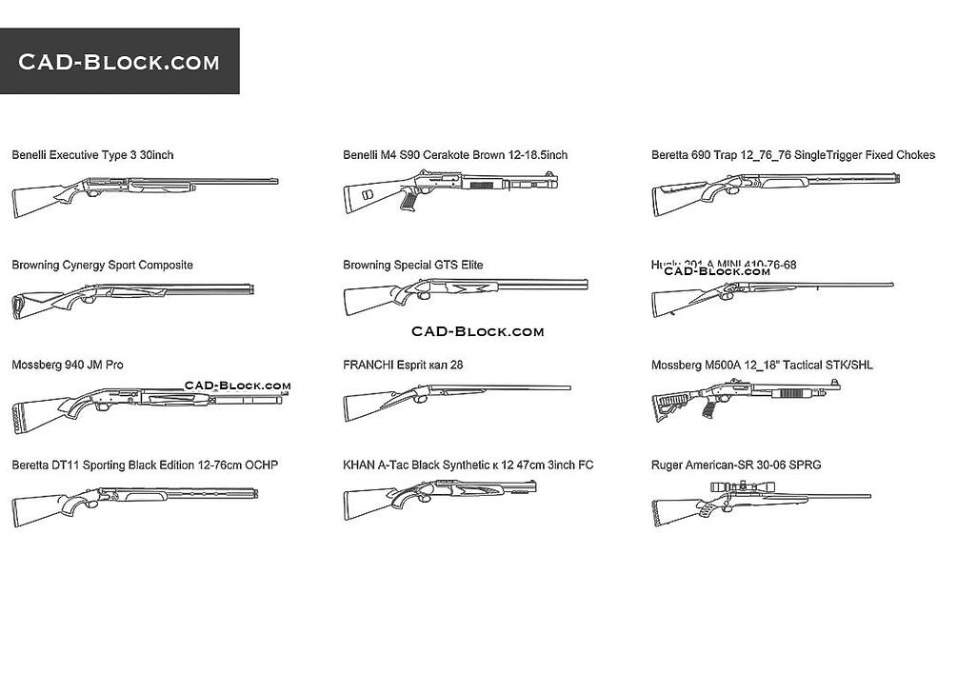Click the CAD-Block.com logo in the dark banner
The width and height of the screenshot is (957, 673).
click(119, 62)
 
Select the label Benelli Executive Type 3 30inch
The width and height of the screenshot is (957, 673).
click(92, 154)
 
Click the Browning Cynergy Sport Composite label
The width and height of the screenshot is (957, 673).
click(102, 265)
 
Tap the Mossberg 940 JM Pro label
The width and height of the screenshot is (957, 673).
click(67, 365)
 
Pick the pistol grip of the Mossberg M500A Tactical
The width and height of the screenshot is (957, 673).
click(706, 406)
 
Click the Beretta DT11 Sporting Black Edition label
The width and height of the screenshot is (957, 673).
click(145, 465)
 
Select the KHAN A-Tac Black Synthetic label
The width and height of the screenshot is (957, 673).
click(468, 465)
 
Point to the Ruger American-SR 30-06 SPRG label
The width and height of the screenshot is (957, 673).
click(736, 465)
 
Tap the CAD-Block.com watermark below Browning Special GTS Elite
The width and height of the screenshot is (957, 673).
click(477, 331)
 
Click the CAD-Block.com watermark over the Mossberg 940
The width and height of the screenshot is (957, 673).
click(237, 386)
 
